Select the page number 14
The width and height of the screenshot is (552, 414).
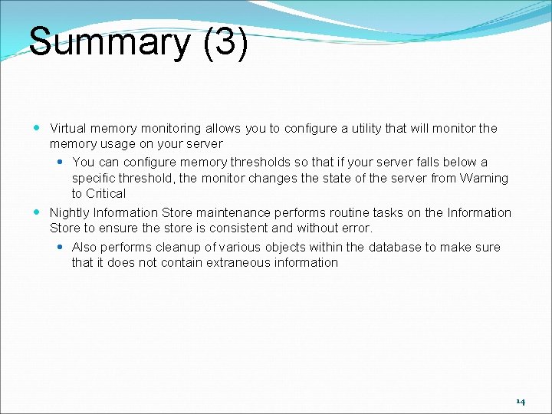521,401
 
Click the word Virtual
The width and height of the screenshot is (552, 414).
68,128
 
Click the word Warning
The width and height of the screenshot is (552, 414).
484,178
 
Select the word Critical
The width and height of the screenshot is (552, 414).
107,193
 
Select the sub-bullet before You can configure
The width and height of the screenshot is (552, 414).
61,163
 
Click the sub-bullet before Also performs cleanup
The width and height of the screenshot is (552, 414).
61,247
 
